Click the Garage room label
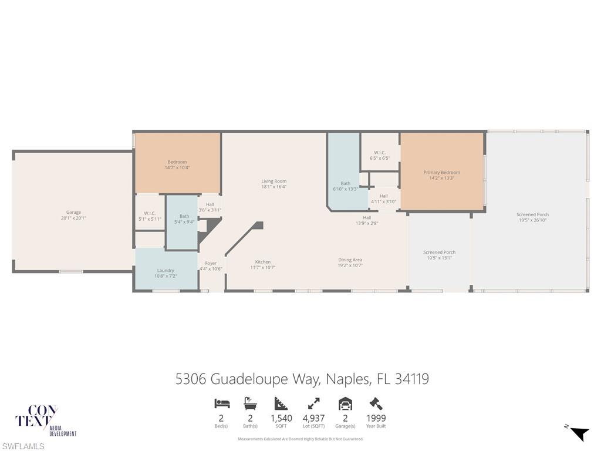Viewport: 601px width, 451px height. click(73, 215)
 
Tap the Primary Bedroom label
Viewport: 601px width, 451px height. click(441, 175)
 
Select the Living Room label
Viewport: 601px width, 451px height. click(274, 184)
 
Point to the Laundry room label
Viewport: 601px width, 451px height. click(166, 273)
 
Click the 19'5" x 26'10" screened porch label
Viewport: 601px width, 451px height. click(532, 217)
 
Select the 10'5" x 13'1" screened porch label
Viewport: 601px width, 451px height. click(440, 255)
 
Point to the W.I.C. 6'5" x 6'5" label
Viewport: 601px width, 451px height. click(380, 155)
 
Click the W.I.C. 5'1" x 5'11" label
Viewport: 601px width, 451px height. click(150, 216)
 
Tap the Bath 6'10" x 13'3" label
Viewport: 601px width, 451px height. click(345, 186)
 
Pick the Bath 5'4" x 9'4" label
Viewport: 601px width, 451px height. click(184, 218)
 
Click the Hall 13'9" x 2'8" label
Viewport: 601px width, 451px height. click(367, 220)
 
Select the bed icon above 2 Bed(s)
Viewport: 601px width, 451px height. click(222, 403)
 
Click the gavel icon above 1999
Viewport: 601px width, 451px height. click(376, 403)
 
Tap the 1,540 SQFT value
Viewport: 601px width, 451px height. click(281, 418)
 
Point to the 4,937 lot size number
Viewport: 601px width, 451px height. click(313, 418)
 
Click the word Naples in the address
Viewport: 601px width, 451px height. click(346, 379)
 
